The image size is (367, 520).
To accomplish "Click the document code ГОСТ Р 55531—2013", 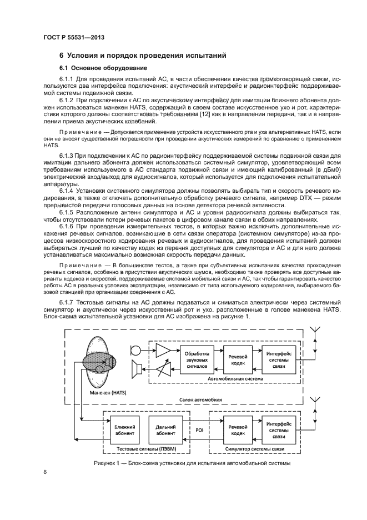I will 74,38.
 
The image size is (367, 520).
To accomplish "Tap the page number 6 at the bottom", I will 45,472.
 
